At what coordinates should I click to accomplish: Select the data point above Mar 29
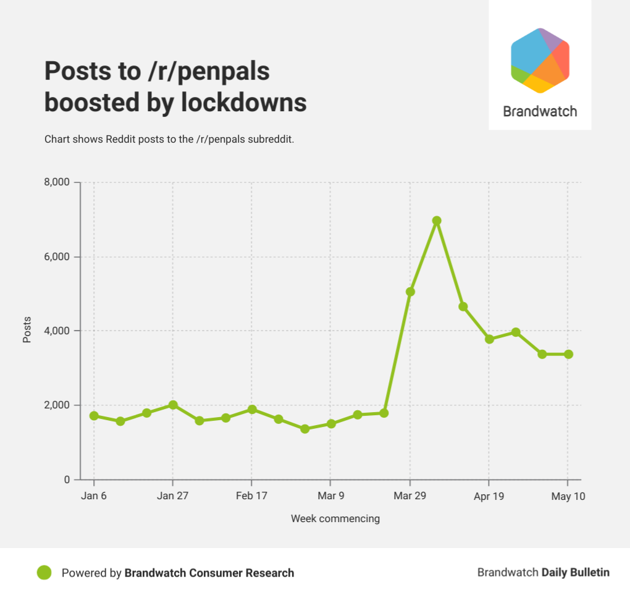tap(410, 292)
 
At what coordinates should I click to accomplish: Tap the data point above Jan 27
tap(173, 405)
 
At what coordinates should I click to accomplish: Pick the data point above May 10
tap(568, 354)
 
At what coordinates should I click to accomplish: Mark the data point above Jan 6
tap(94, 416)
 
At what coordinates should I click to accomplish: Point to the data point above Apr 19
tap(489, 339)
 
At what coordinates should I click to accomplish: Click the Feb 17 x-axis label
tap(251, 496)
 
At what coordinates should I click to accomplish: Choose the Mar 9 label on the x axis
tap(330, 496)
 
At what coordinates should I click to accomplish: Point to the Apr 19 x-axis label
tap(489, 496)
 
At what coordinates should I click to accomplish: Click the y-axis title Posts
tap(27, 331)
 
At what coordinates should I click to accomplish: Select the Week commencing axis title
tap(335, 518)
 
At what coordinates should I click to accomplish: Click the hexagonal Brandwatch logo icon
tap(540, 61)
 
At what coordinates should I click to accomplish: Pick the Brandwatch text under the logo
tap(540, 112)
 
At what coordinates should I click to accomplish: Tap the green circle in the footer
tap(44, 573)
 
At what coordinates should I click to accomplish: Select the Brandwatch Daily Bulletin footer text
tap(543, 573)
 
